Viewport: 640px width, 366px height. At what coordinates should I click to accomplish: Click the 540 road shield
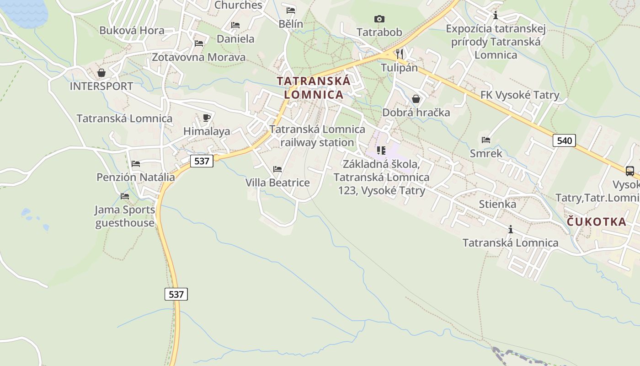565,140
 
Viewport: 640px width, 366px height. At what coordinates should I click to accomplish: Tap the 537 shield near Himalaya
202,161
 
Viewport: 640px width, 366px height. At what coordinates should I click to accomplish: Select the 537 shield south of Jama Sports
176,294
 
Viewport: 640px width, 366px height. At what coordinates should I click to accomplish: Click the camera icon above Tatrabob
379,19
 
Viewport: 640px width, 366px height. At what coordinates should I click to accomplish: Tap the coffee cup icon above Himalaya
207,118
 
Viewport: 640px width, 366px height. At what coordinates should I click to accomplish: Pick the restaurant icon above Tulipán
400,53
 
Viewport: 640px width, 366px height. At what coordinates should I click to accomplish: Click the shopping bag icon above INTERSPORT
101,73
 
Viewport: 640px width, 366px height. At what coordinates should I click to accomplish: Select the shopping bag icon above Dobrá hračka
416,99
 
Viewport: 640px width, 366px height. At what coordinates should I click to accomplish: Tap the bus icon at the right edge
629,171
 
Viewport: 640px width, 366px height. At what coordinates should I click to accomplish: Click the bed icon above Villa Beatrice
277,169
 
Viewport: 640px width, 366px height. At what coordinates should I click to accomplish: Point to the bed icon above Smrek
486,140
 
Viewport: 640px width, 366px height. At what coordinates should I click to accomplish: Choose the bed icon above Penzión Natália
136,163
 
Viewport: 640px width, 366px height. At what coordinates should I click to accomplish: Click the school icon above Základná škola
381,150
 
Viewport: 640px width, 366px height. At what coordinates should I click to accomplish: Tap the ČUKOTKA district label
597,222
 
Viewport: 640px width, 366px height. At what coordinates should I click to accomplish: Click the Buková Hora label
132,31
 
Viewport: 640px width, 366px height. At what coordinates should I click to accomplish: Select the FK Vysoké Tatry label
520,95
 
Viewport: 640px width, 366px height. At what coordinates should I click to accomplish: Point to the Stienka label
497,204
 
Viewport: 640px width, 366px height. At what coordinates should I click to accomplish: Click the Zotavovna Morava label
198,57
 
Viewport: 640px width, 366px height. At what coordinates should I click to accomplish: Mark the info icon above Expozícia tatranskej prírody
495,16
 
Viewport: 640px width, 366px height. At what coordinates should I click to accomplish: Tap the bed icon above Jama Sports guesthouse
125,196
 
